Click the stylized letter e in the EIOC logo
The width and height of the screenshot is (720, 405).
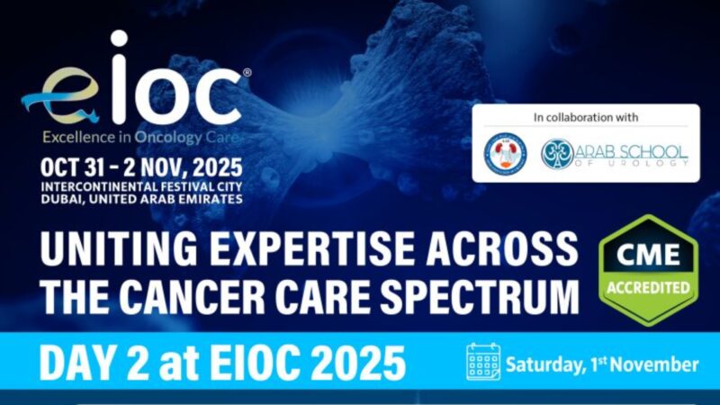56,96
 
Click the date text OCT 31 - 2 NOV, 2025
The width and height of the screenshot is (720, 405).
140,166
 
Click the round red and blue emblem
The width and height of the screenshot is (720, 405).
505,154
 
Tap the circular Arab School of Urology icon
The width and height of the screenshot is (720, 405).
557,154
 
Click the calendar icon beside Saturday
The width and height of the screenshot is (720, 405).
483,362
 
